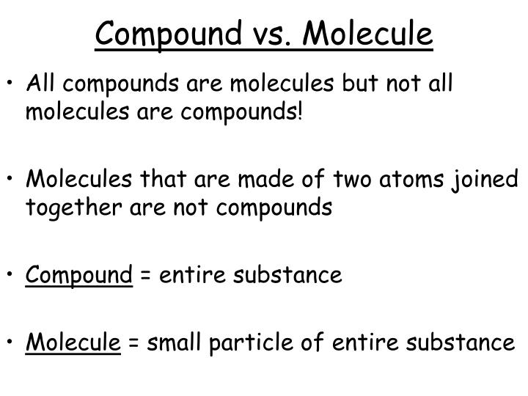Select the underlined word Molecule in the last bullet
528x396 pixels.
point(73,342)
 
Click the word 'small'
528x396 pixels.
point(174,342)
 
